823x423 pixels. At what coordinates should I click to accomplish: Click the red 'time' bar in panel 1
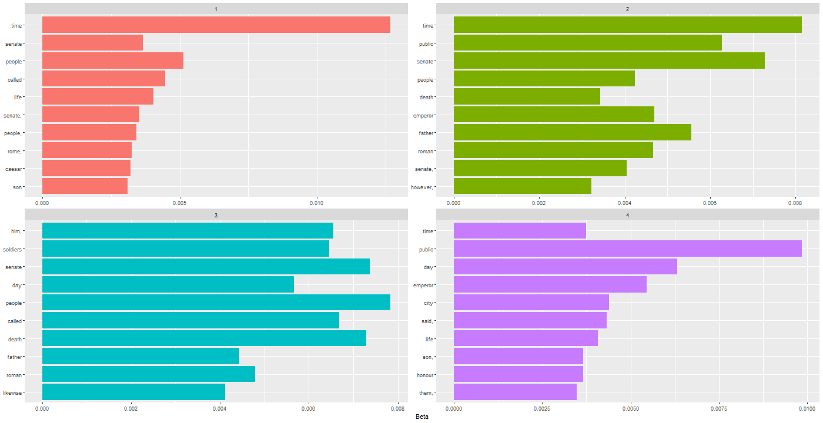pyautogui.click(x=216, y=25)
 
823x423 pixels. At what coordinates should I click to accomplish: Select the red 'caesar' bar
pyautogui.click(x=86, y=169)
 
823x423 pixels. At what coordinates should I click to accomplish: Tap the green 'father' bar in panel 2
pyautogui.click(x=572, y=133)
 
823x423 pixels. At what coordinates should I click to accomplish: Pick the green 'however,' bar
pyautogui.click(x=522, y=186)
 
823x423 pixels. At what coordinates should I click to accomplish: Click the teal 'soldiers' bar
pyautogui.click(x=185, y=249)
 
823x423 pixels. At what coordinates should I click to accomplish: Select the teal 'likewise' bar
pyautogui.click(x=133, y=392)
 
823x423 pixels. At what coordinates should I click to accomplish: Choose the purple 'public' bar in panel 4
pyautogui.click(x=627, y=249)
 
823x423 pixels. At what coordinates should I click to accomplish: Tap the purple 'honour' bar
pyautogui.click(x=518, y=374)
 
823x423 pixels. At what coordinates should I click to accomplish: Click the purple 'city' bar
pyautogui.click(x=531, y=303)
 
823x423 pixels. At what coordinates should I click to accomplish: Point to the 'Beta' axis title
pyautogui.click(x=421, y=417)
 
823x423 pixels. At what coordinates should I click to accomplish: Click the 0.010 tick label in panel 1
pyautogui.click(x=317, y=203)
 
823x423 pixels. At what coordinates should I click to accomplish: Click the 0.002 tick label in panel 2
pyautogui.click(x=539, y=203)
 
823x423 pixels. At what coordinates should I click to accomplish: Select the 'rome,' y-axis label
pyautogui.click(x=14, y=151)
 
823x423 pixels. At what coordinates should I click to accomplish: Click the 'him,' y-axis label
pyautogui.click(x=16, y=231)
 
